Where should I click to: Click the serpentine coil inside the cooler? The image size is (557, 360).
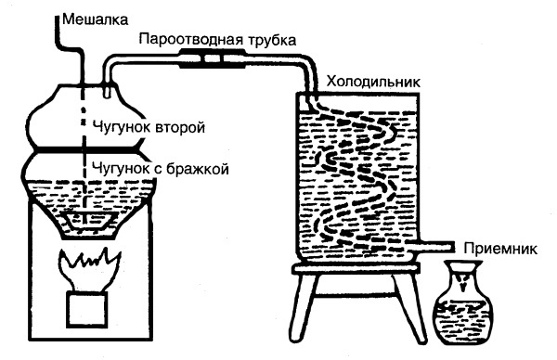pos(357,176)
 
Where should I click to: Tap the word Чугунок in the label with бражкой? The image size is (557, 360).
pos(117,168)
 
